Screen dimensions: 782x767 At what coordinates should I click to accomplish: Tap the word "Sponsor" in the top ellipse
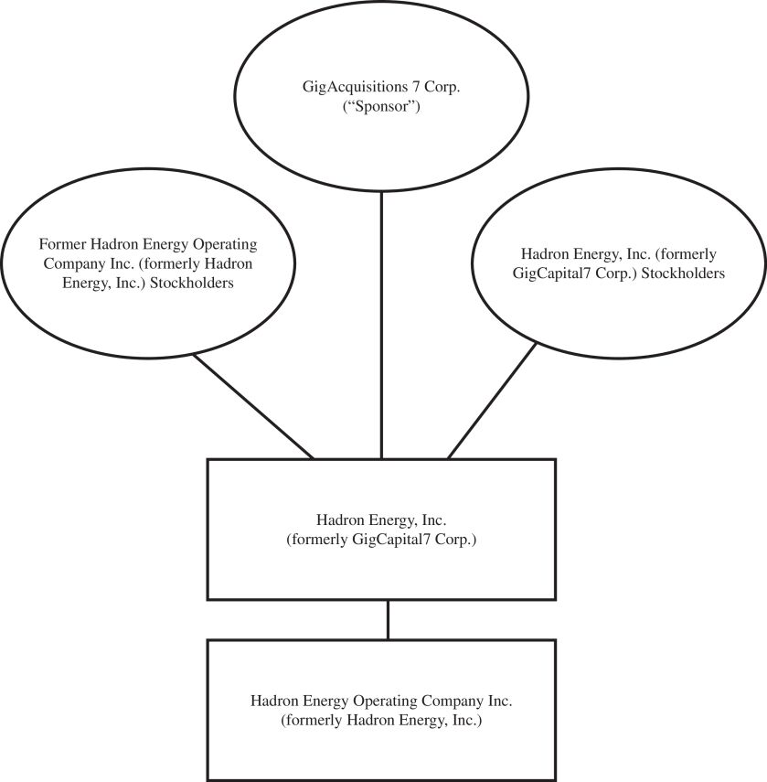pos(381,107)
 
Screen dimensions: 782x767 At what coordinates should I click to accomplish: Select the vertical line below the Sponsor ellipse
pos(381,320)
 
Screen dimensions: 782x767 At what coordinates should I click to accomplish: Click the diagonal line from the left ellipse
pos(253,407)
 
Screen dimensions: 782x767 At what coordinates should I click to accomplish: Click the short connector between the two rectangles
pos(389,619)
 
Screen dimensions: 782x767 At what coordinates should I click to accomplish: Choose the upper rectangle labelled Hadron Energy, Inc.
pos(381,567)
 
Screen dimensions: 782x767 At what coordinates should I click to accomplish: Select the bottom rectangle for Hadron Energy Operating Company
pos(381,750)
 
